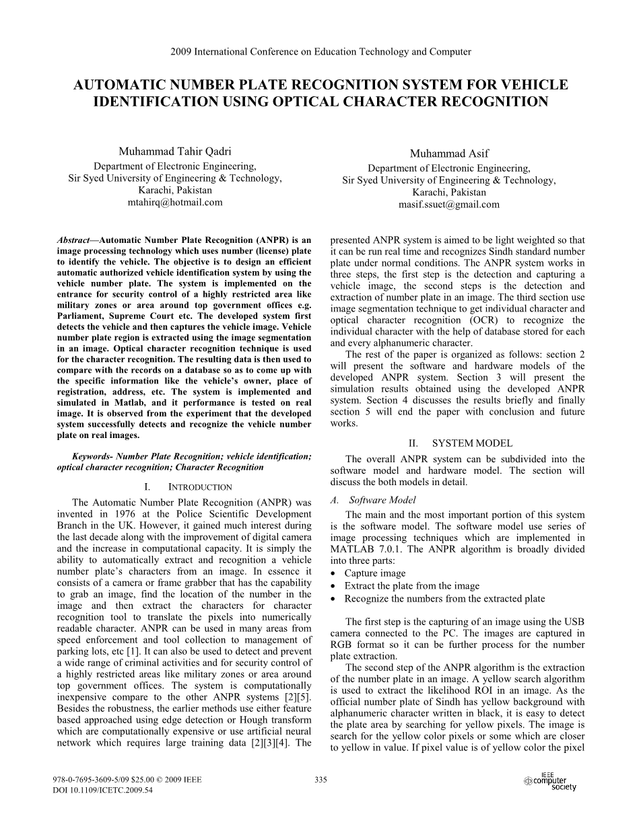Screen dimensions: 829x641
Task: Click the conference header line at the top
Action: (320, 52)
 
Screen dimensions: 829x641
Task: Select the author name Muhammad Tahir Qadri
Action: (175, 151)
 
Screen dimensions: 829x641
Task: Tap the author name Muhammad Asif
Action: (449, 154)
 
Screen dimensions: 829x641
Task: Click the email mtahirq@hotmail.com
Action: (175, 202)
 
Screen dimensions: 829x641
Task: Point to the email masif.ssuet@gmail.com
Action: (449, 205)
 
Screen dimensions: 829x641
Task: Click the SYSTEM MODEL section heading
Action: (471, 443)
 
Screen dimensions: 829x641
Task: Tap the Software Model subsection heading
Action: (382, 500)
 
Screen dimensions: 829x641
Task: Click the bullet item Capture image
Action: (375, 573)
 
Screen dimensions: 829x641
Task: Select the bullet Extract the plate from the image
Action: (412, 586)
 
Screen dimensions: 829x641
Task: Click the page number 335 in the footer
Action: (320, 780)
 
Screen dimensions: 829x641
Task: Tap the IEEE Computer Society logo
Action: (549, 782)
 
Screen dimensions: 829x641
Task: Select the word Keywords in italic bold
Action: (92, 456)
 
